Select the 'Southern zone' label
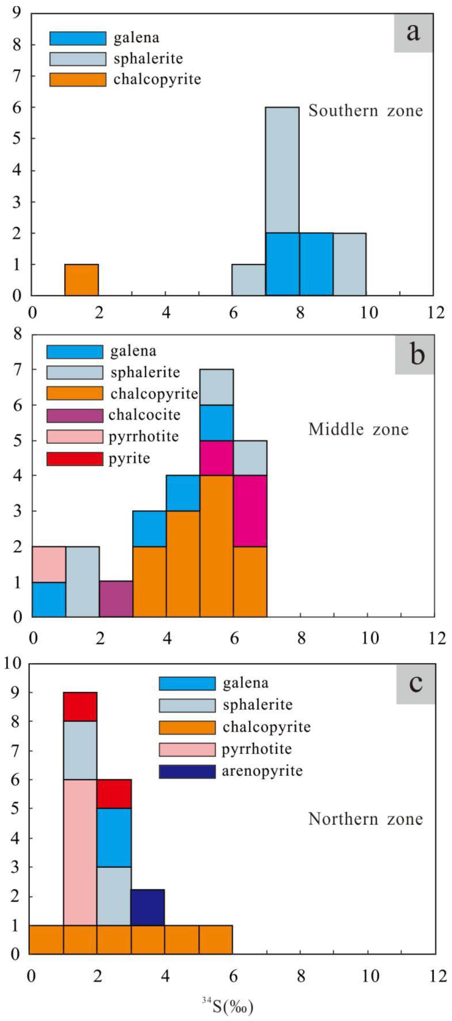coord(366,111)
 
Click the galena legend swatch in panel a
coord(78,38)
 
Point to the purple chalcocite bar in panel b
coord(116,599)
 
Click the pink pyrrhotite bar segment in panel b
coord(49,564)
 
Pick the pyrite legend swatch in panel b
coord(75,459)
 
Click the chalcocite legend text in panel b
coord(144,415)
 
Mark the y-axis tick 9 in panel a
coord(16,14)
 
